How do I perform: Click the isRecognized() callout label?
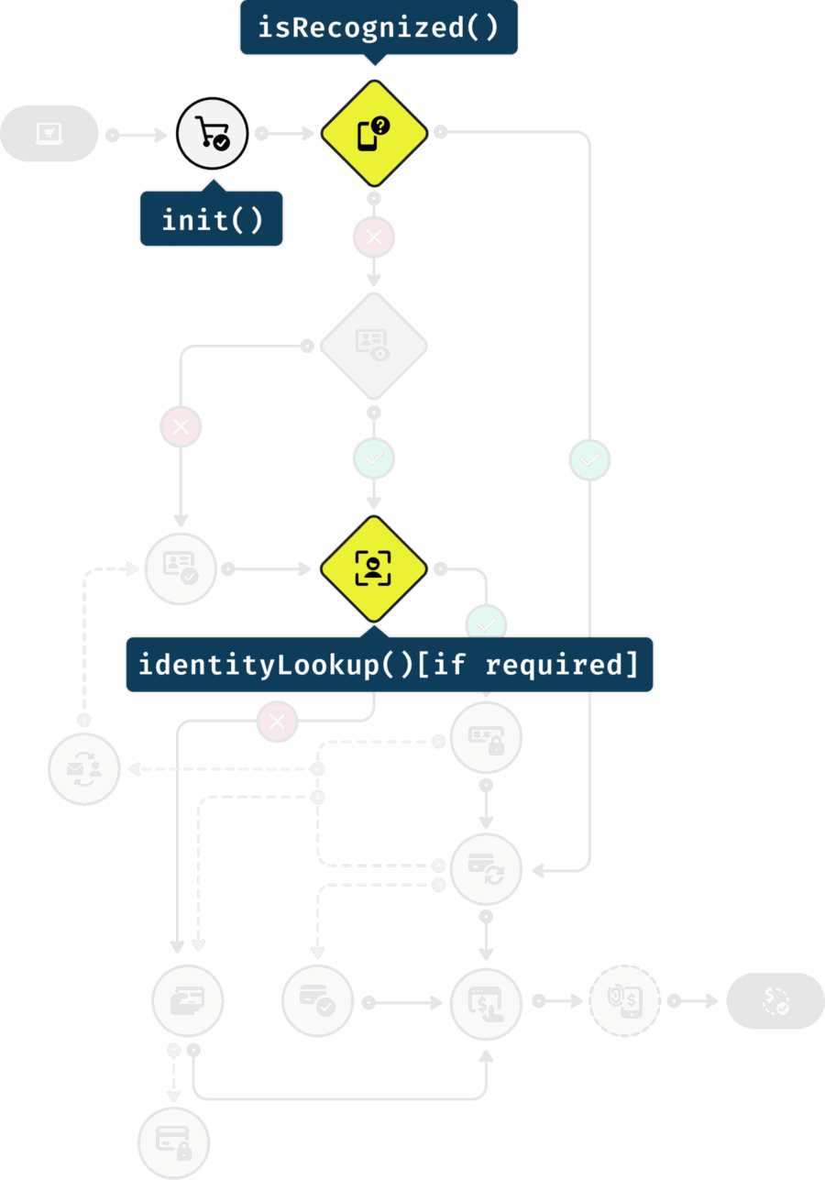(x=379, y=28)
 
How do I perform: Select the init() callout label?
(x=212, y=219)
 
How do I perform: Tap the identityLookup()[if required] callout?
(x=389, y=665)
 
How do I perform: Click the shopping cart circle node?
(x=213, y=135)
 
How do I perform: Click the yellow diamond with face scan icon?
(x=374, y=569)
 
